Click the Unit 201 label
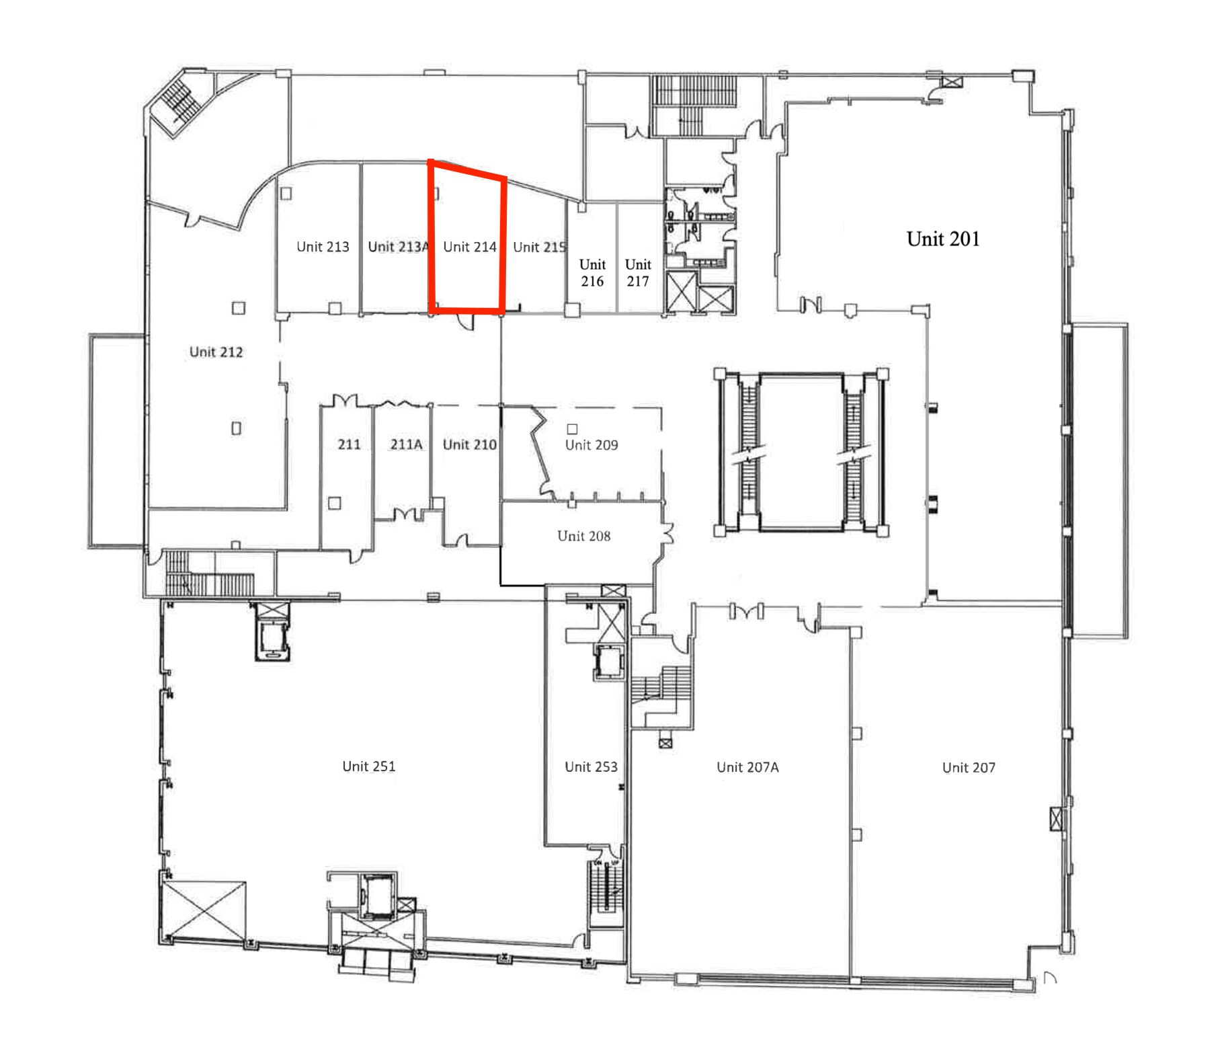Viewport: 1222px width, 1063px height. click(x=943, y=239)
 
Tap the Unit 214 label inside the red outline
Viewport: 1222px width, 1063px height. click(x=470, y=247)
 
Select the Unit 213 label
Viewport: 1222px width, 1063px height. click(x=323, y=247)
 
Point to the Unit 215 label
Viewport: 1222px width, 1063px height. click(x=540, y=247)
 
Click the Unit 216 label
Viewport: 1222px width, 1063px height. click(x=592, y=272)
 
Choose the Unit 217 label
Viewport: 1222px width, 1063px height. click(x=638, y=272)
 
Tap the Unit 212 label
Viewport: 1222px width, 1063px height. click(x=216, y=352)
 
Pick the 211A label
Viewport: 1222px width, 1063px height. click(x=406, y=444)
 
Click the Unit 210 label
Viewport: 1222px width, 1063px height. click(x=469, y=444)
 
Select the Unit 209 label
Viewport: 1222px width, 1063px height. click(x=592, y=444)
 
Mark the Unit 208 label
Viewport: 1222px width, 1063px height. click(x=583, y=536)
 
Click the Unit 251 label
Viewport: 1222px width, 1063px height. click(x=368, y=766)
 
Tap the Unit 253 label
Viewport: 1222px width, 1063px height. click(x=591, y=766)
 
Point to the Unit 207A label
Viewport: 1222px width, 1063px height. click(x=747, y=767)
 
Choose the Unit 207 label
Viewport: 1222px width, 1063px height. click(x=969, y=767)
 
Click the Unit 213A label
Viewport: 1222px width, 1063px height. click(x=398, y=247)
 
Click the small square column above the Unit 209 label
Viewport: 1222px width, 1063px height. click(x=572, y=428)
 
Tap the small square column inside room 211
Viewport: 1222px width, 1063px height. click(x=334, y=503)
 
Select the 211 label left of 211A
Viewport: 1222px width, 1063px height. click(x=349, y=444)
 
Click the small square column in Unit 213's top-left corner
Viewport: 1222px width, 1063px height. click(x=286, y=194)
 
